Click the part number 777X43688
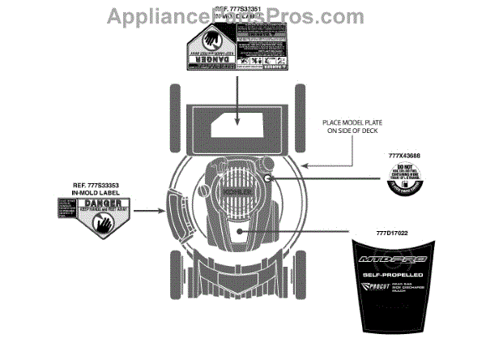click(404, 155)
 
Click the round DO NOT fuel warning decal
click(405, 179)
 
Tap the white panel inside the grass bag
click(235, 125)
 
